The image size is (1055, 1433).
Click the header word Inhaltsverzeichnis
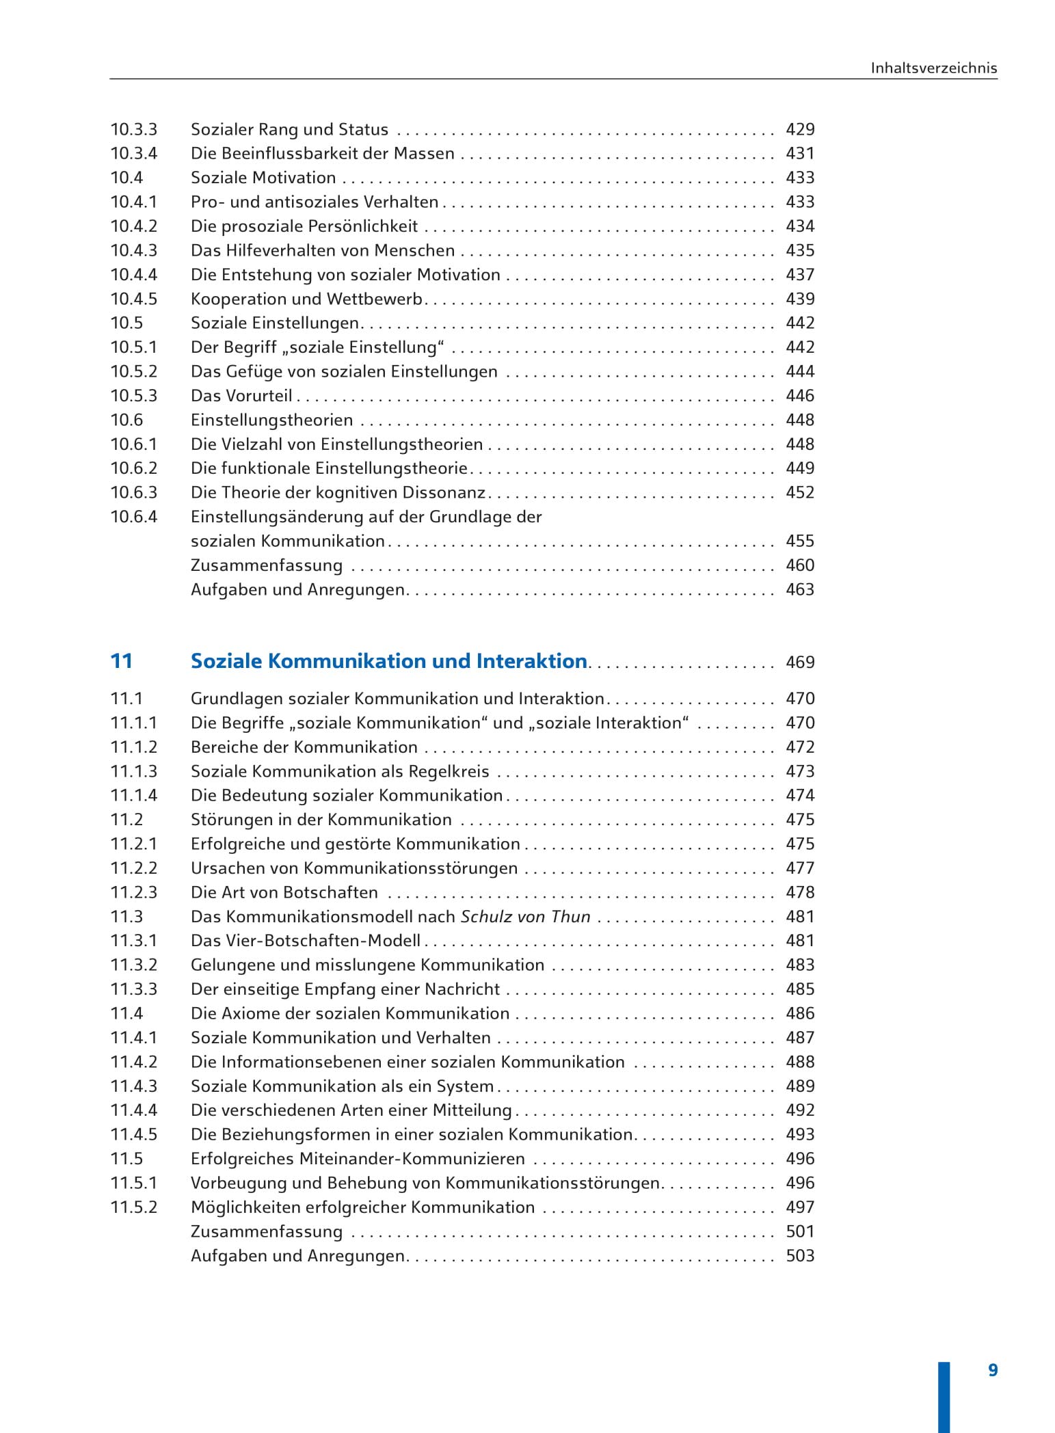(933, 68)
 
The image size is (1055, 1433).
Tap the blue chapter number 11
(121, 661)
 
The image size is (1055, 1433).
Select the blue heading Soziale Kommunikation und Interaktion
(388, 661)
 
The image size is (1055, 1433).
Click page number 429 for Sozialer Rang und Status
(800, 130)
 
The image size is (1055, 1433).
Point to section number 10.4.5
(134, 299)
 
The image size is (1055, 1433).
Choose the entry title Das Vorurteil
(241, 396)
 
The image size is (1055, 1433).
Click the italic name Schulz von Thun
(525, 917)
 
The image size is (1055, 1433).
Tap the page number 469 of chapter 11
(800, 662)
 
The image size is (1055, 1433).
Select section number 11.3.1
(134, 941)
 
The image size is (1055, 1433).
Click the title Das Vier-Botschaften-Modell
(306, 941)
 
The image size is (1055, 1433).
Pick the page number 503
(800, 1256)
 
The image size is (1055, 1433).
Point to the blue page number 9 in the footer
(993, 1370)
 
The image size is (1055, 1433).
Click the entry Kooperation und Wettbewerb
(306, 299)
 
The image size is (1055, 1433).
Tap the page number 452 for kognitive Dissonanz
(800, 493)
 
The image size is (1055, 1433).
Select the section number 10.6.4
(134, 517)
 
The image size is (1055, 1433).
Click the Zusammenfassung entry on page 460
(267, 565)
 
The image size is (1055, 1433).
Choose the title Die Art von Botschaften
(284, 893)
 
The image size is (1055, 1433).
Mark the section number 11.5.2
(134, 1207)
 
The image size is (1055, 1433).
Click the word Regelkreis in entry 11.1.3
(449, 772)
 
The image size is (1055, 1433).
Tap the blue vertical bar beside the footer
(944, 1395)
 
